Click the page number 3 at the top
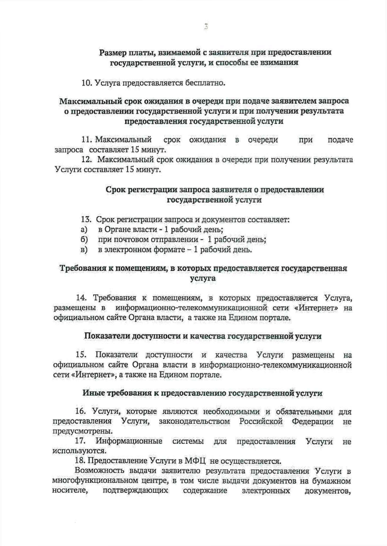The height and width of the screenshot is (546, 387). coord(205,27)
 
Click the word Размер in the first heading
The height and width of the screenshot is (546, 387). coord(113,52)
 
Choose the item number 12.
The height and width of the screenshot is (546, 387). coord(87,160)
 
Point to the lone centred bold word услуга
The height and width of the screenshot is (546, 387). coord(203,278)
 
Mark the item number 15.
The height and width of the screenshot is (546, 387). coord(81,355)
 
